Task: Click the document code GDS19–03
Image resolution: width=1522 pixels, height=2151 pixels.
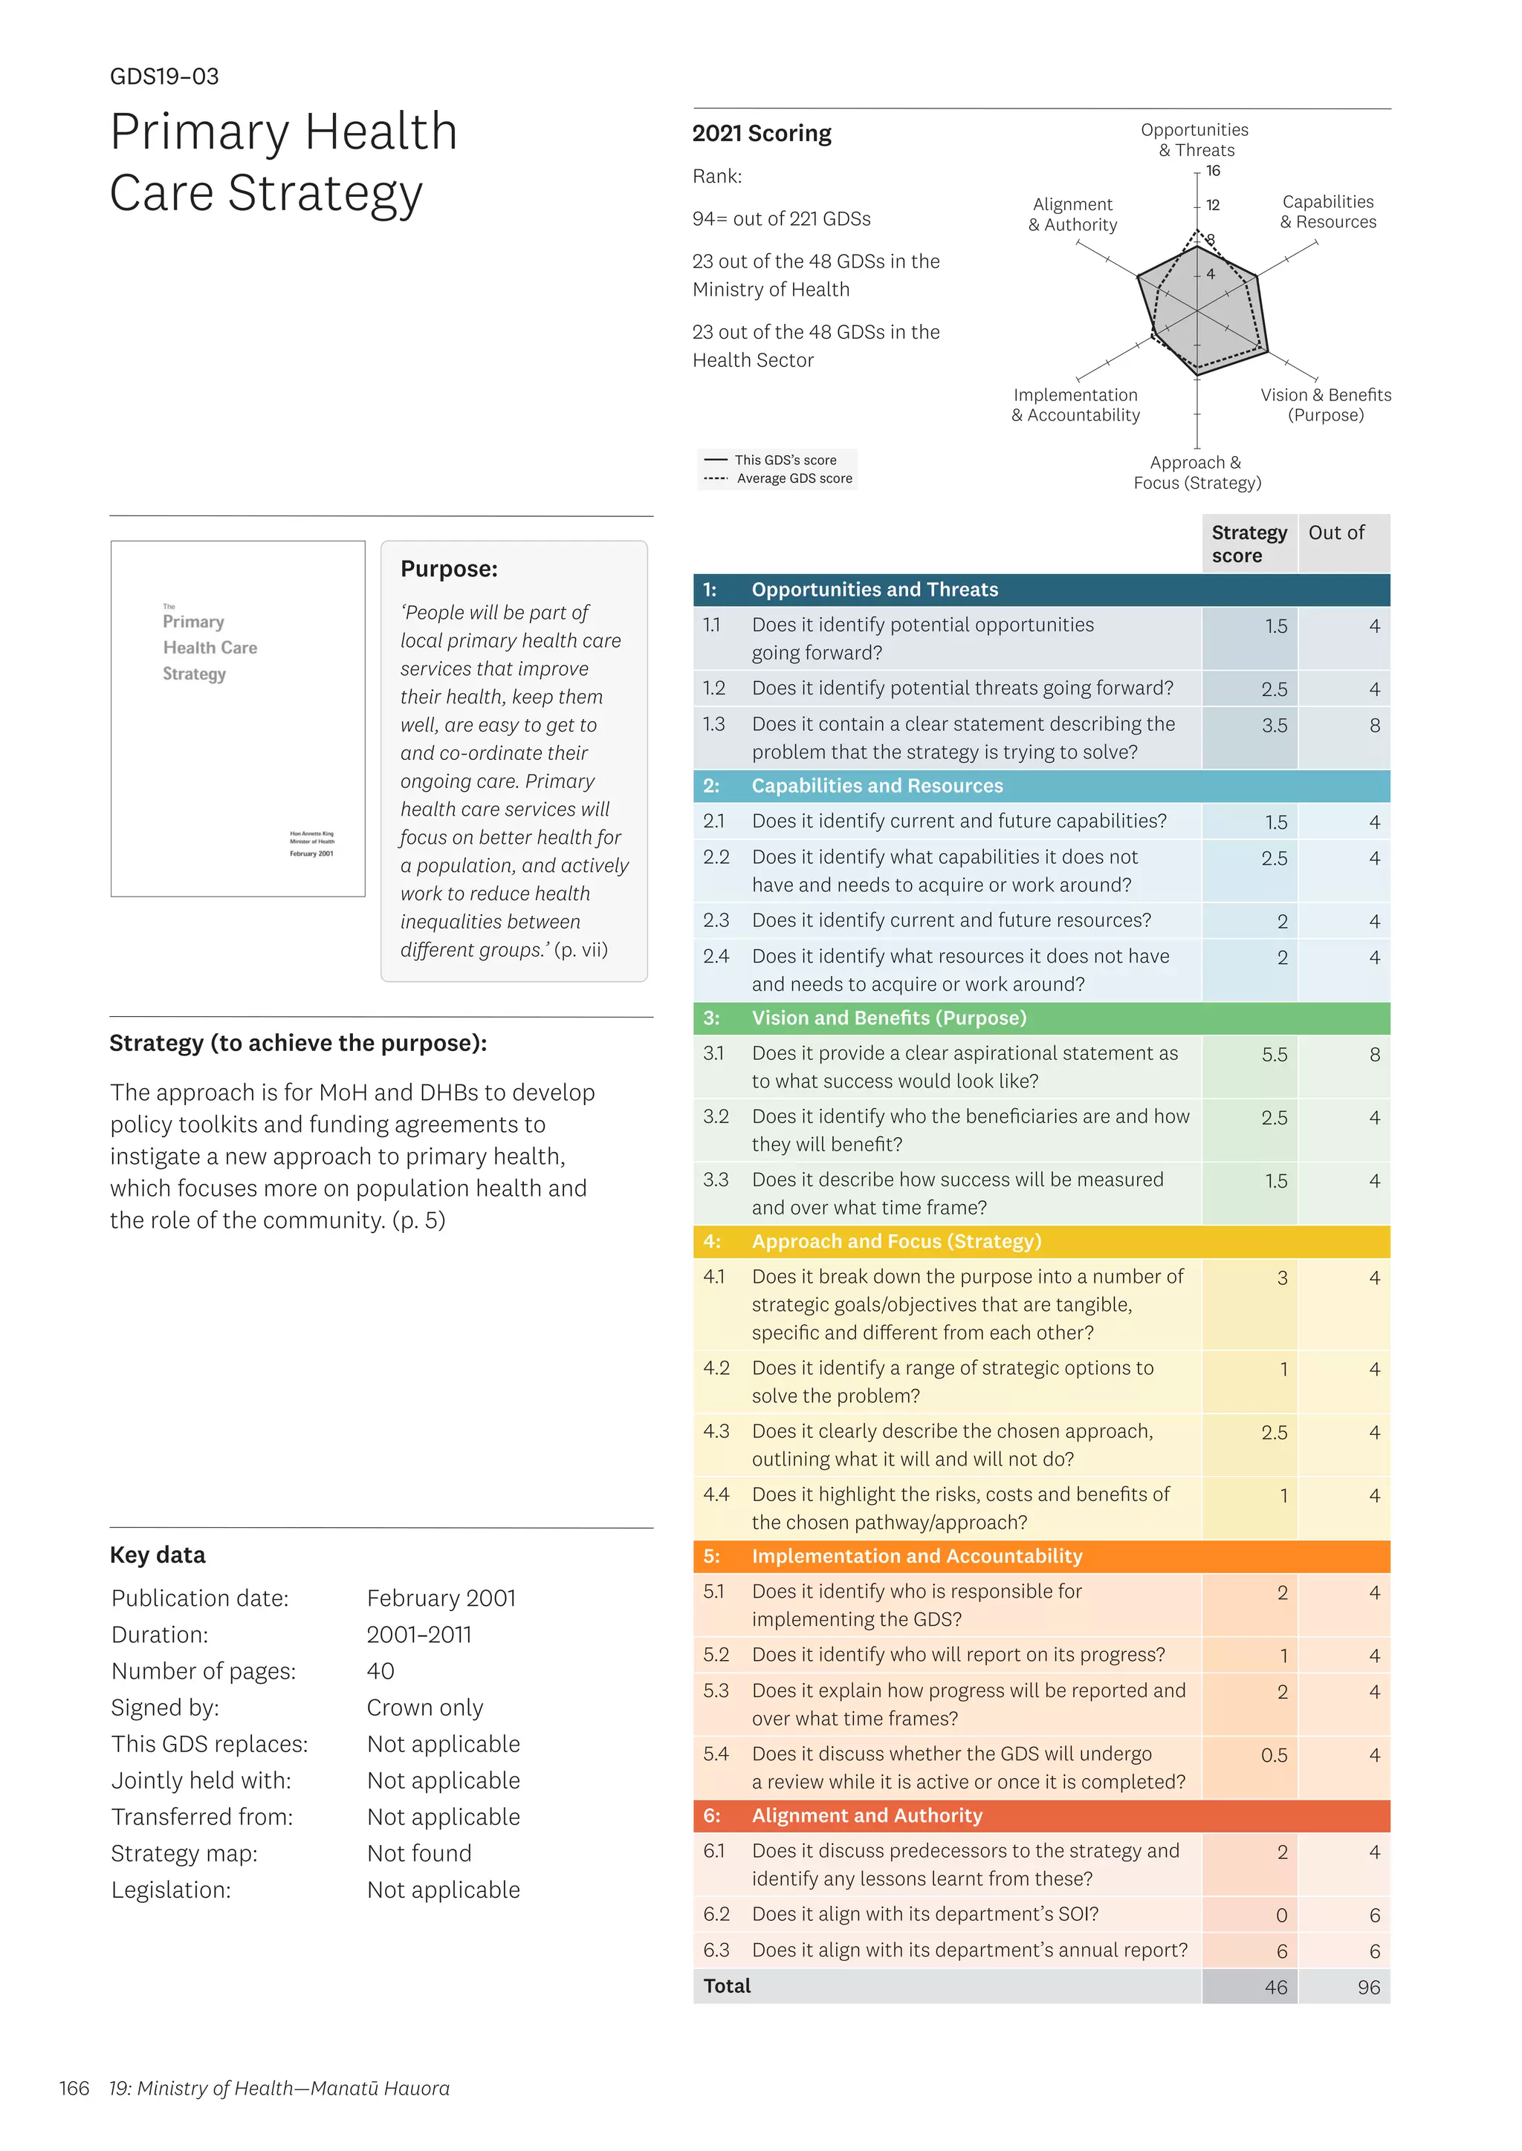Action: click(x=164, y=77)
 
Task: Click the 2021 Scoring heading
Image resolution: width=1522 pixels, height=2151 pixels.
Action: click(x=761, y=133)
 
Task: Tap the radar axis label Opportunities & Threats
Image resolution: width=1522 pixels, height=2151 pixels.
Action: click(x=1194, y=140)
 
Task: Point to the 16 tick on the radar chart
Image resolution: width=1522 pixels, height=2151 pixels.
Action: click(x=1213, y=171)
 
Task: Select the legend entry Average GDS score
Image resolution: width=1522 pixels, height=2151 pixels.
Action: click(x=794, y=479)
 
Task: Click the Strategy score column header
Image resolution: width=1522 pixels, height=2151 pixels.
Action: click(x=1249, y=544)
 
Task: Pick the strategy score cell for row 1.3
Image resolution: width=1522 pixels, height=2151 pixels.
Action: click(x=1274, y=725)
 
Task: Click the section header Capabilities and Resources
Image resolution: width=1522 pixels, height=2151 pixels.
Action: click(x=876, y=786)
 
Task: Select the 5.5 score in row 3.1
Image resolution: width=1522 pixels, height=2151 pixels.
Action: click(x=1274, y=1055)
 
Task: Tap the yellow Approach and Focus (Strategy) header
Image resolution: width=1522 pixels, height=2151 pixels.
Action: click(x=896, y=1241)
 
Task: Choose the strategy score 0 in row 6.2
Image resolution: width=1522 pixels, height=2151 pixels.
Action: click(x=1281, y=1916)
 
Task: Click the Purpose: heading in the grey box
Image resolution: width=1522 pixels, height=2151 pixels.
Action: click(x=449, y=569)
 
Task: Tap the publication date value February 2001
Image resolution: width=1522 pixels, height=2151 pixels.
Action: click(x=441, y=1598)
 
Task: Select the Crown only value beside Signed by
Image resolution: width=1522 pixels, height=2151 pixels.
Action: click(x=424, y=1708)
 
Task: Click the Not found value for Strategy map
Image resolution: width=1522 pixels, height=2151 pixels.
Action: click(x=419, y=1854)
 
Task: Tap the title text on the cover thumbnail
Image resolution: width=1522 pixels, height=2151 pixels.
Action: click(x=209, y=648)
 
